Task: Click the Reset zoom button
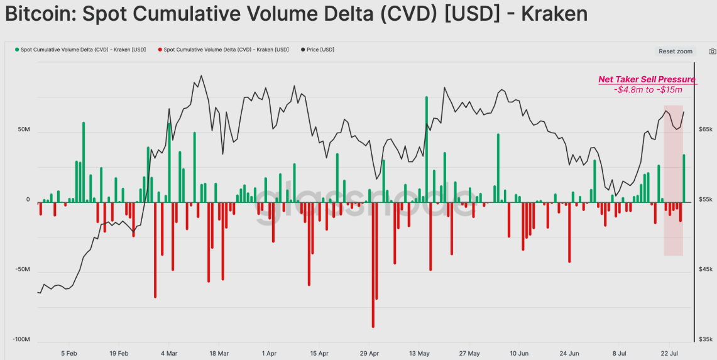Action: coord(676,52)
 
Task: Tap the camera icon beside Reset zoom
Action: coord(713,52)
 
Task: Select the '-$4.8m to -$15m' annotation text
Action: coord(648,90)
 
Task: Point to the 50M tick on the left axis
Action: coord(24,130)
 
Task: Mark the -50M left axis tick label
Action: coord(22,270)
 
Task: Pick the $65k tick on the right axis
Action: coord(705,129)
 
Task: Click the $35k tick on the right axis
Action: coord(705,340)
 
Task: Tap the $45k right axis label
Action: coord(705,270)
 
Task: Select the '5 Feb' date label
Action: coord(68,353)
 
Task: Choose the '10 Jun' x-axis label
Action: coord(519,353)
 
